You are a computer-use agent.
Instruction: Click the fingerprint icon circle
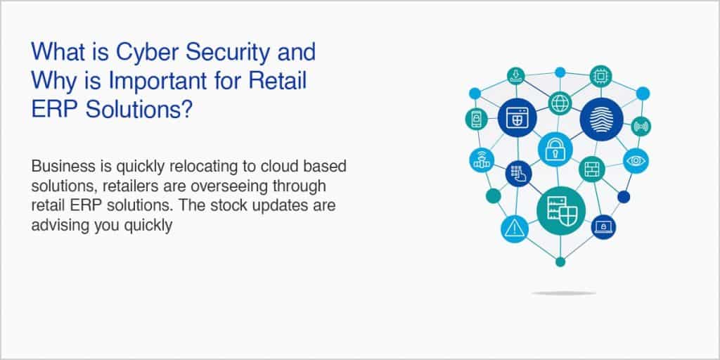point(601,119)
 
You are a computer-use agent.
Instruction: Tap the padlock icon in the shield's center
point(555,149)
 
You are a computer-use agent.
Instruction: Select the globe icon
point(560,103)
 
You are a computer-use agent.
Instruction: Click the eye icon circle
point(637,160)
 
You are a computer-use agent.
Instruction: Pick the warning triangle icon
point(515,229)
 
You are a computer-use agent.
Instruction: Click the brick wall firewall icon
point(591,169)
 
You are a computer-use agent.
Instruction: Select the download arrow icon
point(517,75)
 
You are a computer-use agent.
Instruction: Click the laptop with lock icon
point(603,226)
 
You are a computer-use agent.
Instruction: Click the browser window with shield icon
point(517,118)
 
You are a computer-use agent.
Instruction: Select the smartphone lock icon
point(476,119)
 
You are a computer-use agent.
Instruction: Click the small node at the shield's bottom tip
point(560,262)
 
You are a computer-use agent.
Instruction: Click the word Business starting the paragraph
point(59,167)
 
